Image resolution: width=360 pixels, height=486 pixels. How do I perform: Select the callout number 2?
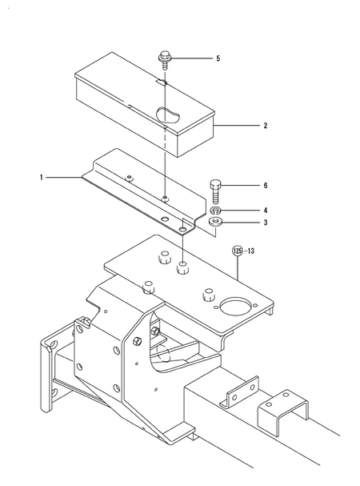(x=265, y=126)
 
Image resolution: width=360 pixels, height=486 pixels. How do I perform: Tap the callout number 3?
(x=265, y=223)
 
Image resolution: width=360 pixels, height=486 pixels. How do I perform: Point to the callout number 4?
(x=265, y=211)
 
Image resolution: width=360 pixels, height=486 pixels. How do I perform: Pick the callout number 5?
(x=217, y=58)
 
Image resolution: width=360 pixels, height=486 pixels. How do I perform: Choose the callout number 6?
(x=265, y=186)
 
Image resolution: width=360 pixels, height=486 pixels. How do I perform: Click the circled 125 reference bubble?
(x=237, y=250)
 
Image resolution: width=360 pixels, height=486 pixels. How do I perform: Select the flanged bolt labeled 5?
(x=164, y=58)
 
